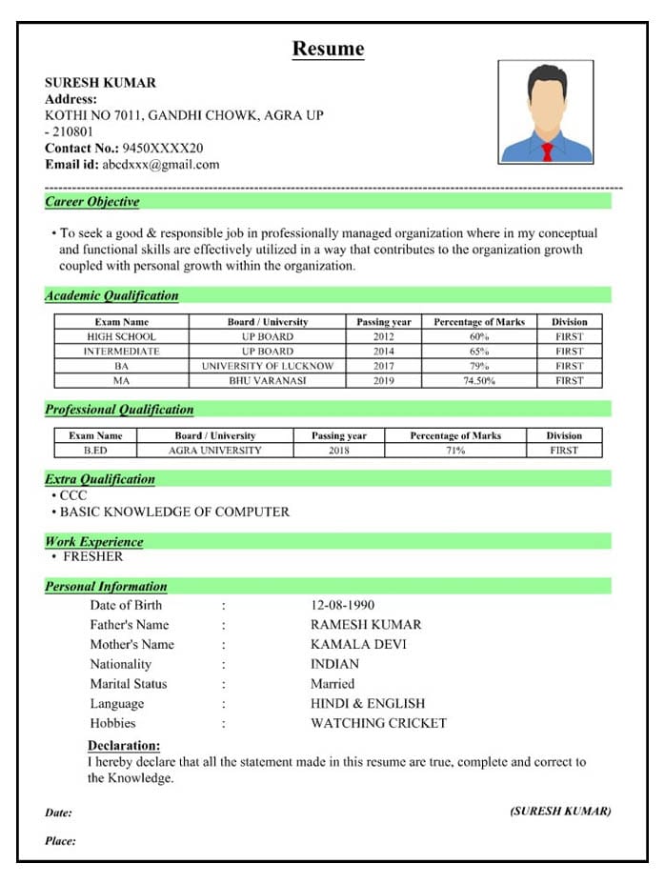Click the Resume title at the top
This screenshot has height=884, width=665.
(x=328, y=49)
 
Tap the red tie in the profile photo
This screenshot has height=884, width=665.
(x=547, y=151)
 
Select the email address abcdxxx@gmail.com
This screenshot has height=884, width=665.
(x=160, y=164)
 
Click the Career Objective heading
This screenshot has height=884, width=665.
(x=92, y=202)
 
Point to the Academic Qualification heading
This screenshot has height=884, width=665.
(x=111, y=295)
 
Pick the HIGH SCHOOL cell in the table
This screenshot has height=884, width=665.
(x=121, y=336)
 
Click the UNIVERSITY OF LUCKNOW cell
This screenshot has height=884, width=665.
(x=268, y=366)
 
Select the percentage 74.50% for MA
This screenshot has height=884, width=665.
(x=478, y=380)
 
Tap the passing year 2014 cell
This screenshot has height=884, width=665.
(x=383, y=351)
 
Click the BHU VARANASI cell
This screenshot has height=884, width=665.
(x=268, y=380)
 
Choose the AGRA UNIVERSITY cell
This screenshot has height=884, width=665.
(x=214, y=450)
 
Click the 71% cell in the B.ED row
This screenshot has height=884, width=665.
(x=455, y=450)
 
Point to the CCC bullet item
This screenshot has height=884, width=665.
(x=73, y=495)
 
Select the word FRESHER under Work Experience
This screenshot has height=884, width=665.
(x=92, y=556)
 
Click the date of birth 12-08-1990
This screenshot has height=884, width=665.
(x=343, y=605)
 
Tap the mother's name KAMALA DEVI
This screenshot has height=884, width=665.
(x=358, y=644)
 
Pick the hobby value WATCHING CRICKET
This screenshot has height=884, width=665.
(x=378, y=723)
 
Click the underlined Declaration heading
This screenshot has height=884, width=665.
(x=124, y=745)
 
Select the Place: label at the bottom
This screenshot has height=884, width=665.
(x=60, y=841)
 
